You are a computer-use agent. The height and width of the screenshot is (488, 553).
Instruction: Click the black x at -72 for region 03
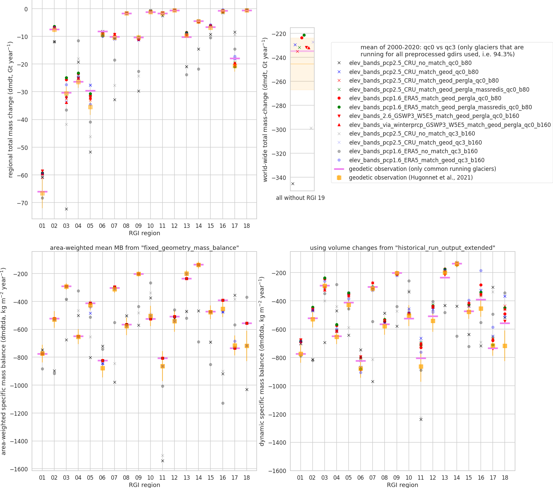click(x=66, y=209)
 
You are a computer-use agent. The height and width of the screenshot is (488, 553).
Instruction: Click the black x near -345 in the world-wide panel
click(x=293, y=184)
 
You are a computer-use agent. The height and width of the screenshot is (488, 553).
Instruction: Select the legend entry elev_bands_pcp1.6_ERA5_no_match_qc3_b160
click(x=413, y=151)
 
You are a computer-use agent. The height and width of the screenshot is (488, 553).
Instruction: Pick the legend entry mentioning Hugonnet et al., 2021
click(x=411, y=178)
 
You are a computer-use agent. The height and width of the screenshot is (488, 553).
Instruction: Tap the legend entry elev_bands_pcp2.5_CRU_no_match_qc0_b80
click(x=410, y=63)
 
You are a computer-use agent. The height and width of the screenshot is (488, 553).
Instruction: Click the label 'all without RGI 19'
click(x=300, y=198)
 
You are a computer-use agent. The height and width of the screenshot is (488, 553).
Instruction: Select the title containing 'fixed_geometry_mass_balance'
click(x=144, y=248)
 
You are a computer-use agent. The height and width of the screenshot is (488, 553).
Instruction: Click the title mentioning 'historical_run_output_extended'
click(x=402, y=248)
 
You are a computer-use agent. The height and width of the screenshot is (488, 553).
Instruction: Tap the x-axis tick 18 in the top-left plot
click(x=247, y=226)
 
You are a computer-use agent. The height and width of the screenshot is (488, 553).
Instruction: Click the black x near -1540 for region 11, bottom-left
click(x=162, y=461)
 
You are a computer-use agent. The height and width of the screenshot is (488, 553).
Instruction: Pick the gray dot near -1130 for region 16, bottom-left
click(x=223, y=403)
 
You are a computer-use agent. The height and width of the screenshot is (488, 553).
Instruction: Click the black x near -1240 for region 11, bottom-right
click(x=421, y=419)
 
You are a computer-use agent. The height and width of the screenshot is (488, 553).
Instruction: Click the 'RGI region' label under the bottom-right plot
click(x=402, y=485)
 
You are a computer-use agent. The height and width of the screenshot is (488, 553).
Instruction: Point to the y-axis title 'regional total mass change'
click(x=10, y=109)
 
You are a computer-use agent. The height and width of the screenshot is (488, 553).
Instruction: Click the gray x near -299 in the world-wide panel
click(x=311, y=128)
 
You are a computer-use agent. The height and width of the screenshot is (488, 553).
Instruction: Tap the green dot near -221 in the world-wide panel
click(x=304, y=35)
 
